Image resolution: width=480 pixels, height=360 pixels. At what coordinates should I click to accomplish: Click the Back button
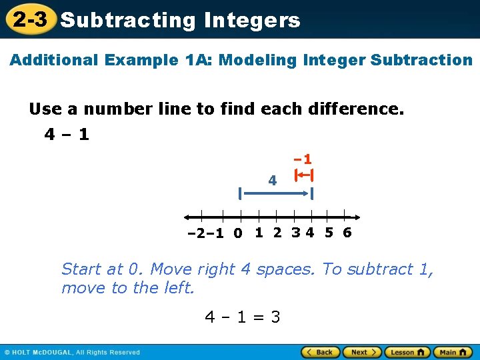pos(321,352)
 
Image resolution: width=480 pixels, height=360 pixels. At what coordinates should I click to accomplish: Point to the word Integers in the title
pos(252,20)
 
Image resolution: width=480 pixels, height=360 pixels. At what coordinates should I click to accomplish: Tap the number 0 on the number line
pos(238,233)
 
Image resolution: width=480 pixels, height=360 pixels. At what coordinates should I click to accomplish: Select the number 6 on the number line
pos(347,233)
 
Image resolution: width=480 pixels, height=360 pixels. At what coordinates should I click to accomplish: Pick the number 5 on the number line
pos(329,233)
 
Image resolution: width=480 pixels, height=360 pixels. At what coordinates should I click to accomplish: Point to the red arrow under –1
pos(305,175)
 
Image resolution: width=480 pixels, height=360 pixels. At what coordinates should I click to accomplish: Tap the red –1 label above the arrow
pos(303,160)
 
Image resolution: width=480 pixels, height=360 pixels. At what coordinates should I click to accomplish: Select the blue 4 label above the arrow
pos(272,180)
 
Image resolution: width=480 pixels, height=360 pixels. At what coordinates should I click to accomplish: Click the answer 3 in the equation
pos(275,317)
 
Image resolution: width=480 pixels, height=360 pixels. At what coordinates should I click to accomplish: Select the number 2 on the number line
pos(277,233)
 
